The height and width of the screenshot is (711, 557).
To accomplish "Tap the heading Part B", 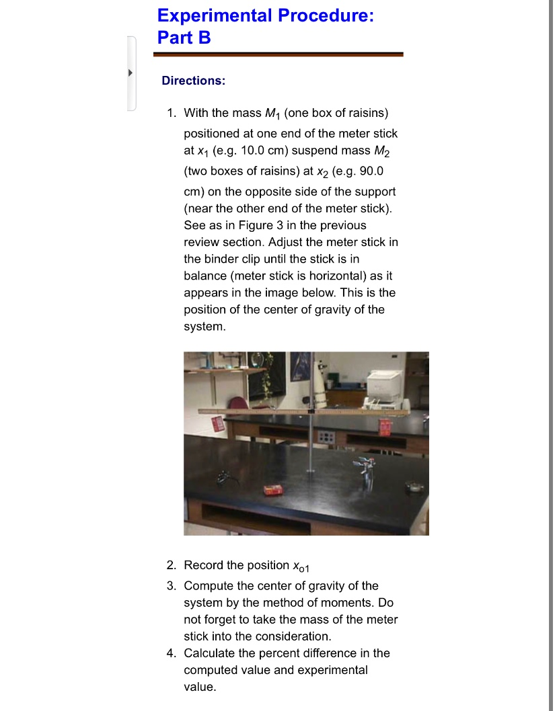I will pos(184,38).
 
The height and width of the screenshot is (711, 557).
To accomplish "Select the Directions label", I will pos(193,81).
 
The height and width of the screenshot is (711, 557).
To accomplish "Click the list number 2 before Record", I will pos(172,565).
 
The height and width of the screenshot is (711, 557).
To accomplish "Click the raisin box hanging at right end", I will pos(385,426).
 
